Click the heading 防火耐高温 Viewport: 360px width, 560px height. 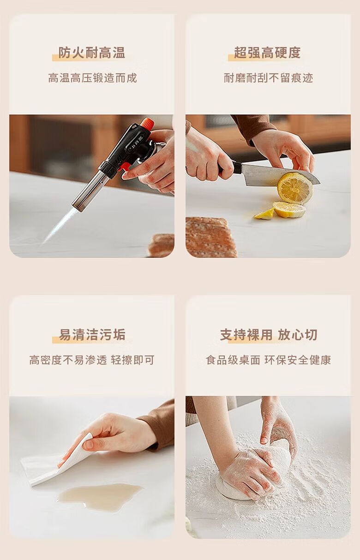(92, 53)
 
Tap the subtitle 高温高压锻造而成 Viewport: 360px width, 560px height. (92, 78)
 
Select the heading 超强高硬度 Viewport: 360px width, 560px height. (267, 53)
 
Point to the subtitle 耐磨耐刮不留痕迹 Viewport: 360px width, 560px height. (268, 78)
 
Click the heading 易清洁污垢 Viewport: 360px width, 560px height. (92, 334)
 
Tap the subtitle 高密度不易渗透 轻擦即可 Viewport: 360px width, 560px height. (92, 360)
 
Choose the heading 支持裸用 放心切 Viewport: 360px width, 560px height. (269, 334)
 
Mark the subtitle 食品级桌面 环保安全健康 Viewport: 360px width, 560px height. (269, 360)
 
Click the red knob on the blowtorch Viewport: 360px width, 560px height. (147, 123)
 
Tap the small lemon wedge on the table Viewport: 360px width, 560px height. (264, 214)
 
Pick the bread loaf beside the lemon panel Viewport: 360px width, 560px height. (210, 237)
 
